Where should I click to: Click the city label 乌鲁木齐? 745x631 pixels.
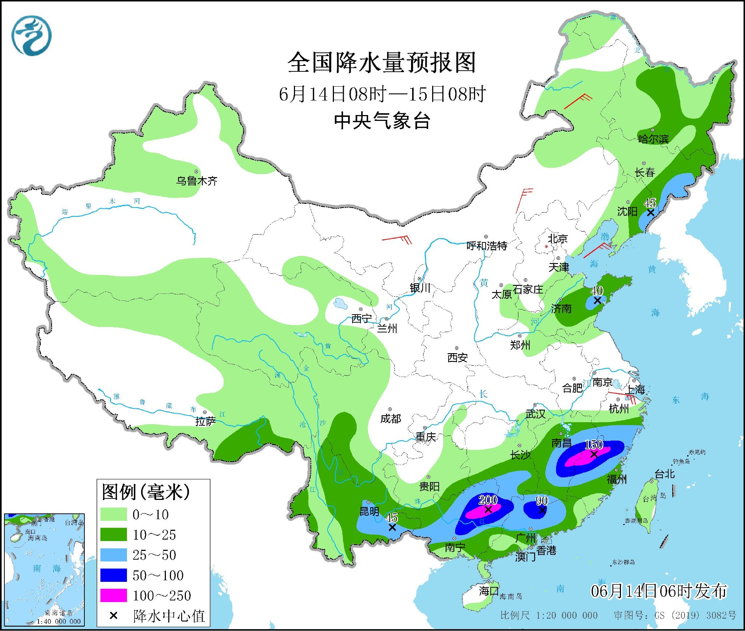tap(197, 181)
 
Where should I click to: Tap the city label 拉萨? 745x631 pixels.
tap(206, 421)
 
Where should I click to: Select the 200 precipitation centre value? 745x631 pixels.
tap(487, 500)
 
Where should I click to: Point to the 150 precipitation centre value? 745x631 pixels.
tap(594, 444)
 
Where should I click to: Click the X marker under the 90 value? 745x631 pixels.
tap(542, 510)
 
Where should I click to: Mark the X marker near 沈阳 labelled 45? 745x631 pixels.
tap(651, 212)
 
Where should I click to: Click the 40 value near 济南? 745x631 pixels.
tap(597, 291)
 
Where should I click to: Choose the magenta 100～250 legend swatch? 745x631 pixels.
tap(113, 595)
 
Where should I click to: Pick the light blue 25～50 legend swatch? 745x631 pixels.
tap(113, 555)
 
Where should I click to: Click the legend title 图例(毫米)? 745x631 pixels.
tap(146, 492)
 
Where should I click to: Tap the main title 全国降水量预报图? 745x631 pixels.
tap(382, 63)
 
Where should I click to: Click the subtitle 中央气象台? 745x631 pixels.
tap(382, 121)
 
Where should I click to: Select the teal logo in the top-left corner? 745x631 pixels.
tap(31, 36)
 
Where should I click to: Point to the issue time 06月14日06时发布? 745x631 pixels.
tap(658, 591)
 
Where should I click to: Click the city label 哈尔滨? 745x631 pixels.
tap(653, 139)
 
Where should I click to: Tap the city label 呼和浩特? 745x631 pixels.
tap(487, 246)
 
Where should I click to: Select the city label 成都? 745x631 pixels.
tap(390, 419)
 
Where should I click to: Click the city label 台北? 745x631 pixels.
tap(665, 474)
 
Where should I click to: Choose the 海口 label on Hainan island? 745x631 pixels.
tap(489, 591)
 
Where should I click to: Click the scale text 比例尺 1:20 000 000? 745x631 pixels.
tap(549, 615)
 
